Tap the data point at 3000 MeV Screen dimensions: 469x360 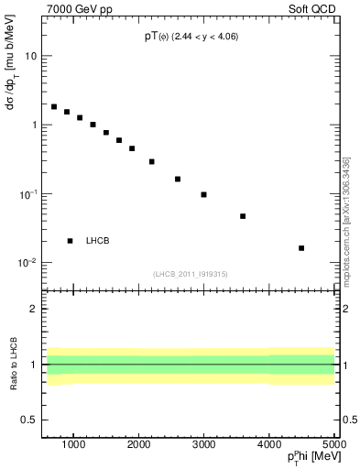tap(203, 194)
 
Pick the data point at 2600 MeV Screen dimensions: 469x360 tap(178, 179)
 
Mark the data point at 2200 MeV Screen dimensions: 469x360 tap(152, 161)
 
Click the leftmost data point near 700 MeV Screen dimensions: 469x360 tap(54, 106)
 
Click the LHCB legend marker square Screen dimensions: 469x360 tap(71, 241)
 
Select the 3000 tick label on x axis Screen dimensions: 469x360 tap(203, 445)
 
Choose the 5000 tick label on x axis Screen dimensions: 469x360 tap(333, 445)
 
